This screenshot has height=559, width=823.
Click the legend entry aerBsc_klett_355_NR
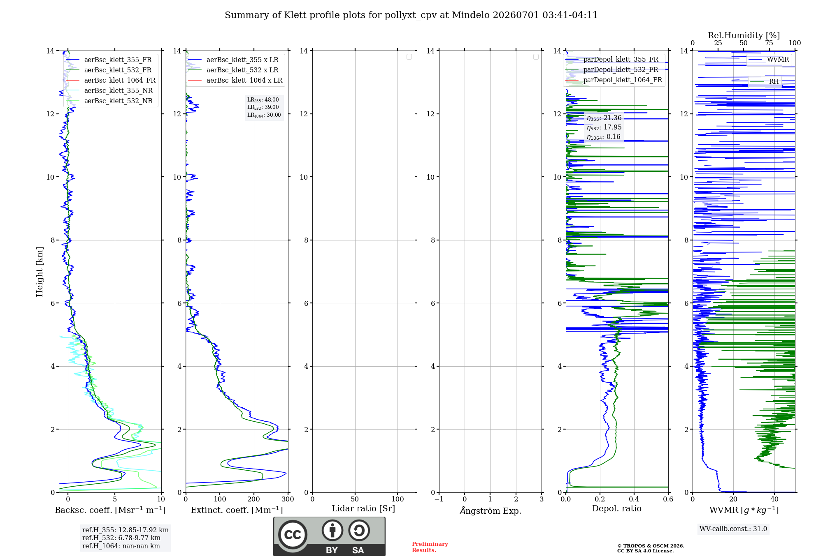(x=109, y=90)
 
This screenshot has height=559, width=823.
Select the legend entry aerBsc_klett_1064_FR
(x=111, y=80)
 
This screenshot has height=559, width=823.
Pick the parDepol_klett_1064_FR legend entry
(x=614, y=80)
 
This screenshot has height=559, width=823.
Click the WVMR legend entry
(x=769, y=59)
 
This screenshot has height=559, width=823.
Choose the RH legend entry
(x=764, y=81)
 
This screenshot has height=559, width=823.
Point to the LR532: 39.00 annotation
(x=263, y=107)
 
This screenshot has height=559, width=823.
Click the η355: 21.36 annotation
(x=604, y=118)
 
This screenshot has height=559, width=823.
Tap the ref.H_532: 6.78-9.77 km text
(x=121, y=538)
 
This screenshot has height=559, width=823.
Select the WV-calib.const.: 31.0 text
(x=733, y=529)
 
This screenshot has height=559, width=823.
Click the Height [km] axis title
(x=40, y=272)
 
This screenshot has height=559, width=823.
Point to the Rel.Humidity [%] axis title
(x=744, y=35)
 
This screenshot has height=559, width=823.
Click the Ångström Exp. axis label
(x=491, y=510)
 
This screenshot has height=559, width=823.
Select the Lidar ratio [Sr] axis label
(x=363, y=509)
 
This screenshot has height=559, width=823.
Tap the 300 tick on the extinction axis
(x=288, y=499)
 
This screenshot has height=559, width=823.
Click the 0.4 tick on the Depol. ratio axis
(x=634, y=499)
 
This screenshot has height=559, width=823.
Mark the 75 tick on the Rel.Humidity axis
(x=769, y=43)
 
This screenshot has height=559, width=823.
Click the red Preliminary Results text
(x=430, y=547)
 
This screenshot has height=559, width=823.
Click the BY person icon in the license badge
(x=332, y=530)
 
